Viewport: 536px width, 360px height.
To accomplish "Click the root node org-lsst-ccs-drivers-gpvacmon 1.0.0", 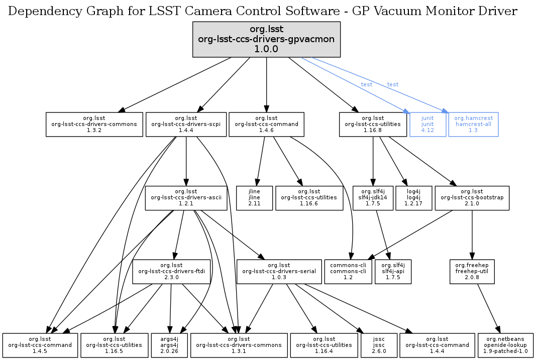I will [267, 39].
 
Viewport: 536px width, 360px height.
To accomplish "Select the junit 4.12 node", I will [427, 124].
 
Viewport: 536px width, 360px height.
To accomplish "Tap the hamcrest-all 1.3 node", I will [473, 124].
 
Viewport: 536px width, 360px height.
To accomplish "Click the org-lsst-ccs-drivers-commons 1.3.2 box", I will [94, 124].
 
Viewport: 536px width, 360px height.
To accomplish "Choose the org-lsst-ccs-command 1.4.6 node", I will [266, 124].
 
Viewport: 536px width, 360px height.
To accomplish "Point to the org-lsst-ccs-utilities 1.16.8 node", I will [373, 124].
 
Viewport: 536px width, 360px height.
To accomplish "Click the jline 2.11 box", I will [255, 198].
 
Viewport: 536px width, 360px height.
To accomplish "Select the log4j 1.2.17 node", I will [413, 198].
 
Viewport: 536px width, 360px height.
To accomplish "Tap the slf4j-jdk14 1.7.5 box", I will [372, 198].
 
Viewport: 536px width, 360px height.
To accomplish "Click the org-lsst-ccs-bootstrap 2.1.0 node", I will [472, 198].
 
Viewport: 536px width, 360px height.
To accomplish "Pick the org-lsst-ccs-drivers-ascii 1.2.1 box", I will [183, 198].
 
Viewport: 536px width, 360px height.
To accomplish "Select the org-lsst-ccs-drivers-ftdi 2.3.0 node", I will [171, 272].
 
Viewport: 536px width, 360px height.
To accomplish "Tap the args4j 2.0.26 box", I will [169, 345].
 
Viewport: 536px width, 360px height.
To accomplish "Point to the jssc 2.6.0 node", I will [379, 345].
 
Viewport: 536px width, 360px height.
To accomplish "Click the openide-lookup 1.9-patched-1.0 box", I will [505, 345].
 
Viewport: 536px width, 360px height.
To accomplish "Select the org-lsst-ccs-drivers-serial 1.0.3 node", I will [279, 272].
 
